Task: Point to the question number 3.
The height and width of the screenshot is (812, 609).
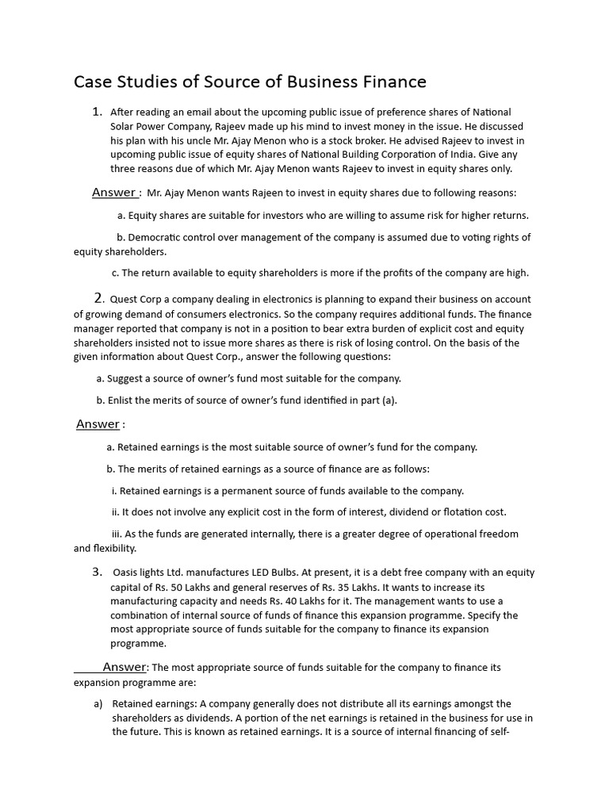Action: click(x=97, y=572)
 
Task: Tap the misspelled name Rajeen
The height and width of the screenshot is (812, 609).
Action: click(x=268, y=193)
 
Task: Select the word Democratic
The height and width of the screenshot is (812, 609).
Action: click(x=155, y=237)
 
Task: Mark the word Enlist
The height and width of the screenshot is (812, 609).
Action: click(x=121, y=400)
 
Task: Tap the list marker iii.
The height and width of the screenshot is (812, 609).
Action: click(x=116, y=534)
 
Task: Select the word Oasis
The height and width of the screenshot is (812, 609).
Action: click(x=127, y=573)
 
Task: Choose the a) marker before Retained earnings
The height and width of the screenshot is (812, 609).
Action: click(x=98, y=704)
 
